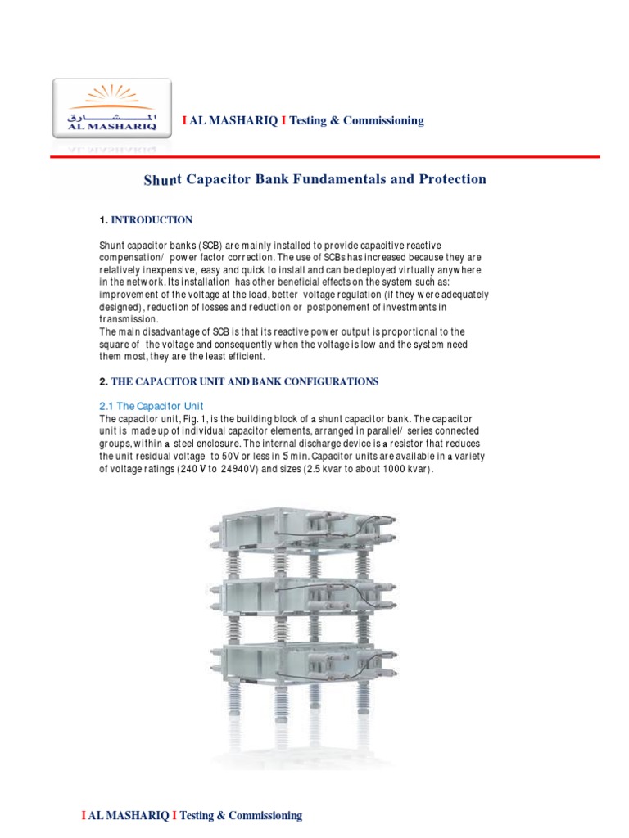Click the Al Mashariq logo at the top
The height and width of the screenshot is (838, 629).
pyautogui.click(x=113, y=110)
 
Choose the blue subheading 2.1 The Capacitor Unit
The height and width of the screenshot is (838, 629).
pyautogui.click(x=151, y=407)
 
